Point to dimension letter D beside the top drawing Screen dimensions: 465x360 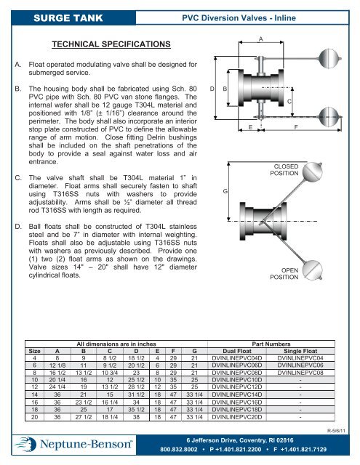pos(212,87)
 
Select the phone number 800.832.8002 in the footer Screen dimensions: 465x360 pos(182,450)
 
